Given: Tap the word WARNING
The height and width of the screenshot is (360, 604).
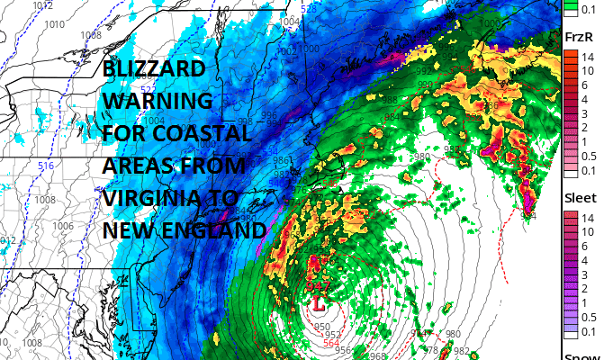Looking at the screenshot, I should (x=158, y=101).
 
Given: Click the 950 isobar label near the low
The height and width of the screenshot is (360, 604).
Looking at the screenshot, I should (x=321, y=327).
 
